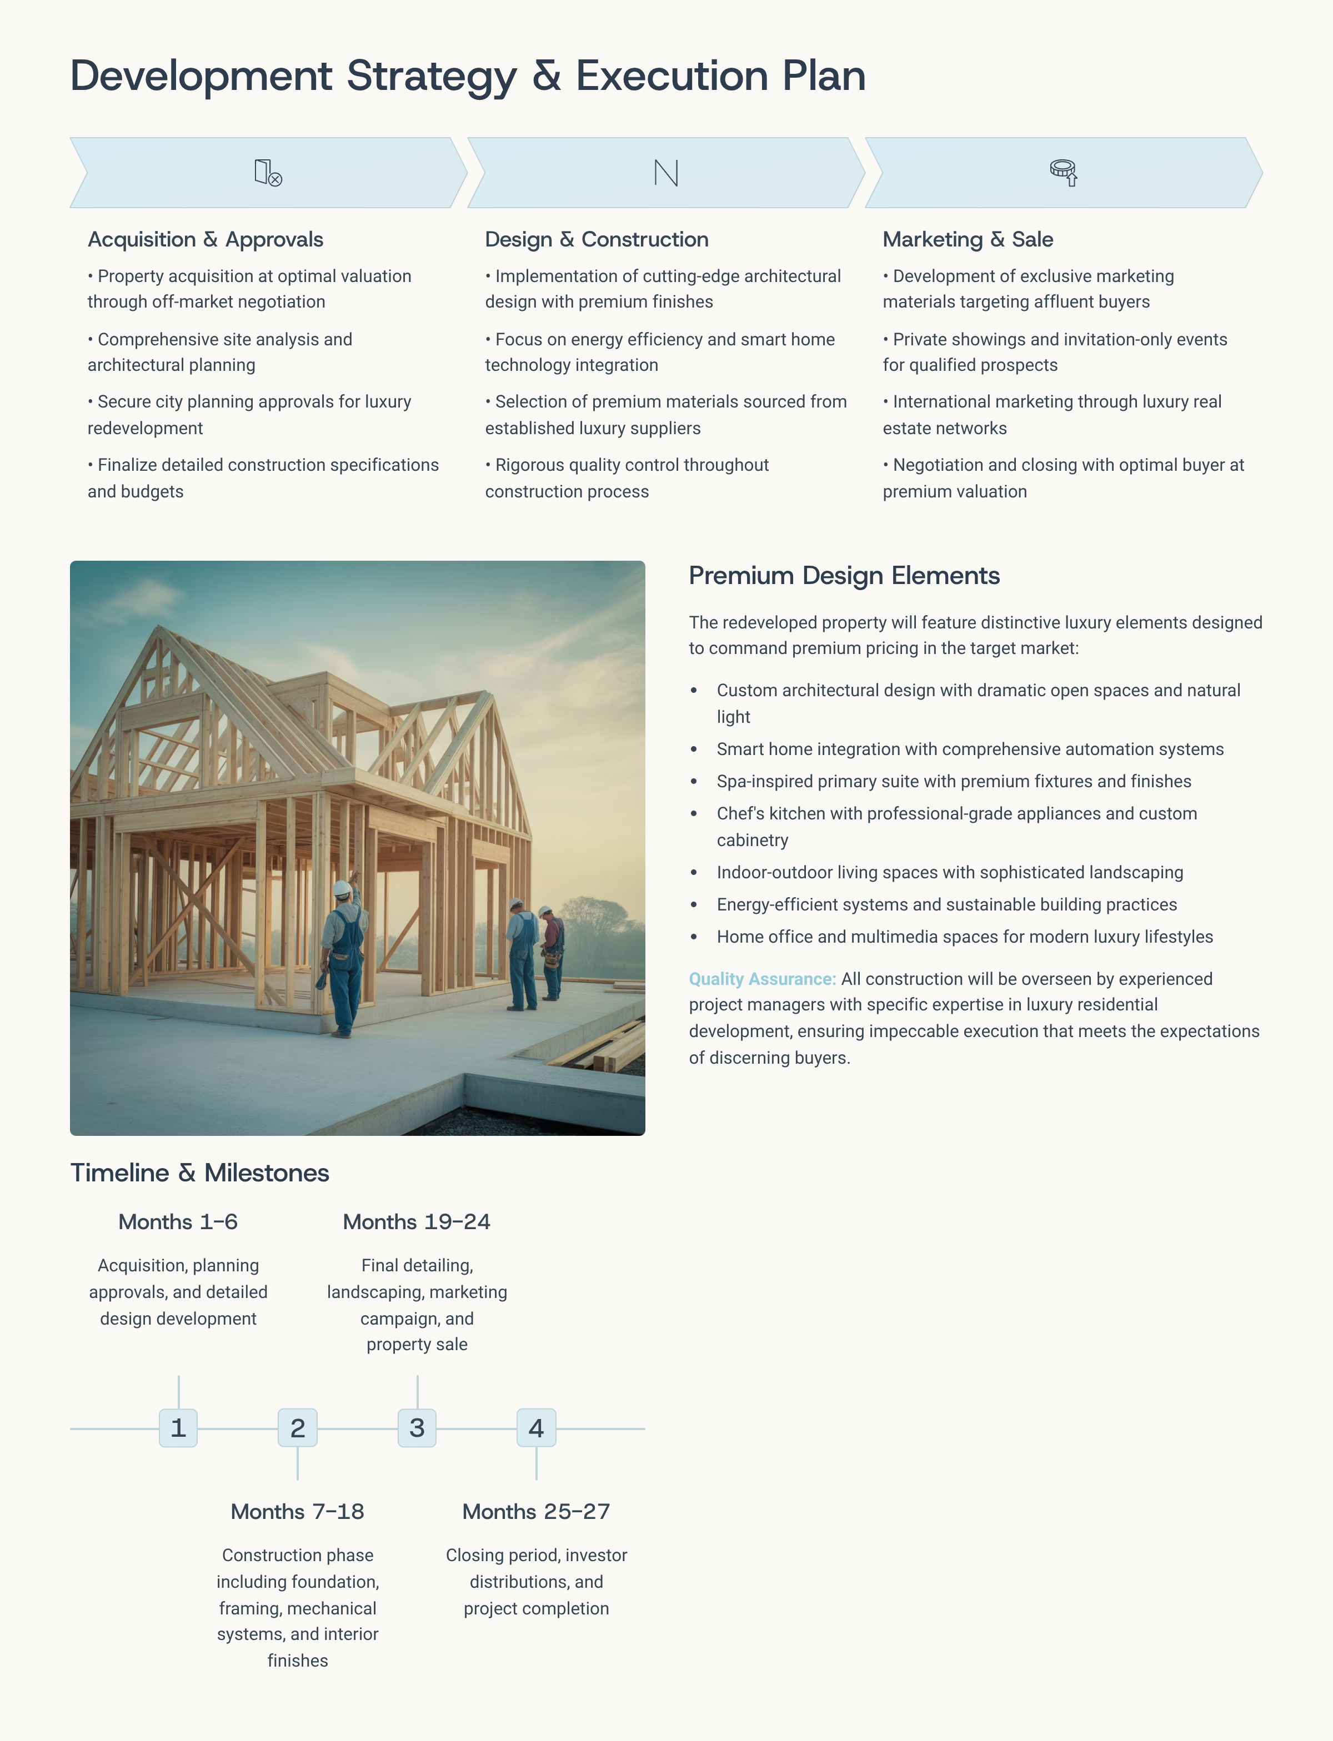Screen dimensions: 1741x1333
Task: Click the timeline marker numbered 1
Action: pyautogui.click(x=178, y=1428)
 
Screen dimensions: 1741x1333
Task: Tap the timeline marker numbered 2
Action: pyautogui.click(x=298, y=1428)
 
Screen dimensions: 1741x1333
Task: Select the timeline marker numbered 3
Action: pyautogui.click(x=417, y=1428)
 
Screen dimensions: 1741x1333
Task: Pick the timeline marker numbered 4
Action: pyautogui.click(x=537, y=1428)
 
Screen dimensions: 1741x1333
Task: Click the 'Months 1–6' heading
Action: pyautogui.click(x=178, y=1221)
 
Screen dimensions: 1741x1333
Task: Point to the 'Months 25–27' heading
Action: pyautogui.click(x=537, y=1511)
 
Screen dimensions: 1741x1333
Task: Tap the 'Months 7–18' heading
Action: pyautogui.click(x=298, y=1511)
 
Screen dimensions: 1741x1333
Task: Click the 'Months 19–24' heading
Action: pyautogui.click(x=417, y=1221)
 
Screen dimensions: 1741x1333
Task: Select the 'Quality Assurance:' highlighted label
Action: pyautogui.click(x=761, y=979)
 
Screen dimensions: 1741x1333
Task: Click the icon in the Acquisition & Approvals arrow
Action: pyautogui.click(x=268, y=172)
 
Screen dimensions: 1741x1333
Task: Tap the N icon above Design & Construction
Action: pyautogui.click(x=666, y=172)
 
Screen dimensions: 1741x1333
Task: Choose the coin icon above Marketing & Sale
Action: pyautogui.click(x=1063, y=172)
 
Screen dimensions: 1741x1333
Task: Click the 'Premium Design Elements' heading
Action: pyautogui.click(x=844, y=575)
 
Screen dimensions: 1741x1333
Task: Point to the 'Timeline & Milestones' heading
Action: pyautogui.click(x=199, y=1173)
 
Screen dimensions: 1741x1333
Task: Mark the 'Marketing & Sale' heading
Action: pyautogui.click(x=968, y=239)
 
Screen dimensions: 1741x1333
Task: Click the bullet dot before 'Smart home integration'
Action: pyautogui.click(x=694, y=749)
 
